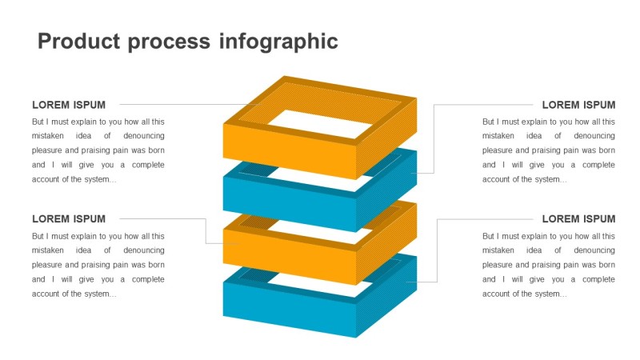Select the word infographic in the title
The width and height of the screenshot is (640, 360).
click(278, 42)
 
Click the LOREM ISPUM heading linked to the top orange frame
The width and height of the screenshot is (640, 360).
click(69, 105)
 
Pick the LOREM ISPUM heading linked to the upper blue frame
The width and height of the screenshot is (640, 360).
click(578, 105)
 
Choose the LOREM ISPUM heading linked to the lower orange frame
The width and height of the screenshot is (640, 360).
click(69, 219)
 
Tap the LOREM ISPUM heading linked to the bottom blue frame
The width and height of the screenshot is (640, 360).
click(578, 219)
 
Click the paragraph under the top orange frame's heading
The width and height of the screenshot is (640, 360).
click(98, 150)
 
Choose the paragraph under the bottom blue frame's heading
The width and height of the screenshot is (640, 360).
click(549, 265)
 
